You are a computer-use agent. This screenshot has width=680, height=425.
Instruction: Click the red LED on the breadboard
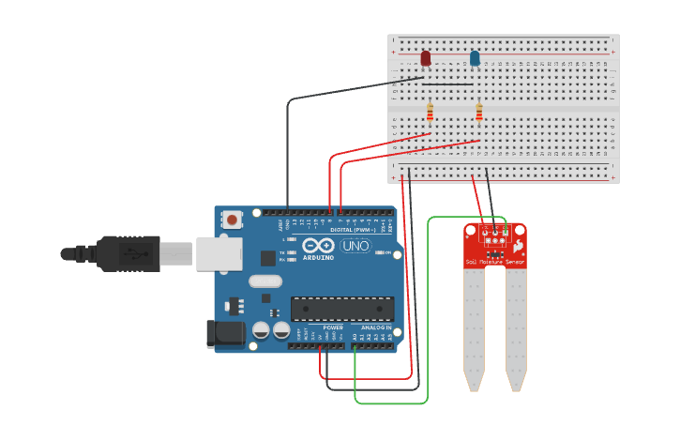pyautogui.click(x=426, y=58)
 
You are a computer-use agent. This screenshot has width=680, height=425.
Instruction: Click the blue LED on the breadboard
pyautogui.click(x=475, y=58)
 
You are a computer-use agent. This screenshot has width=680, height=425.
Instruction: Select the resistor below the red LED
pyautogui.click(x=431, y=113)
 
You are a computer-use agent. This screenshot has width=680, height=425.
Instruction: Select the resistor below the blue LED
pyautogui.click(x=479, y=113)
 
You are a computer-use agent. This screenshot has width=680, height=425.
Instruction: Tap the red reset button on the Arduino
pyautogui.click(x=232, y=220)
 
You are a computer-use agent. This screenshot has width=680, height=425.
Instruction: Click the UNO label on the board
pyautogui.click(x=355, y=246)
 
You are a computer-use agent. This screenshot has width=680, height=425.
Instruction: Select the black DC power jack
pyautogui.click(x=225, y=334)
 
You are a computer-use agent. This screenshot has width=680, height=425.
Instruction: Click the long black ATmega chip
pyautogui.click(x=341, y=309)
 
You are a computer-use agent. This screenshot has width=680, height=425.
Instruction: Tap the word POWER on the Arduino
pyautogui.click(x=333, y=327)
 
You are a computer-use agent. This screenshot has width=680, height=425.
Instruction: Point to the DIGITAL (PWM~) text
pyautogui.click(x=352, y=230)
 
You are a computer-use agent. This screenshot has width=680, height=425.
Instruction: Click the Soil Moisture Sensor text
pyautogui.click(x=494, y=263)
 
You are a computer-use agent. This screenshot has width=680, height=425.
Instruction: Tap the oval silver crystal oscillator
pyautogui.click(x=265, y=281)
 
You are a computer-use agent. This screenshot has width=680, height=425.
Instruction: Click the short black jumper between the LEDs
pyautogui.click(x=450, y=83)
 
